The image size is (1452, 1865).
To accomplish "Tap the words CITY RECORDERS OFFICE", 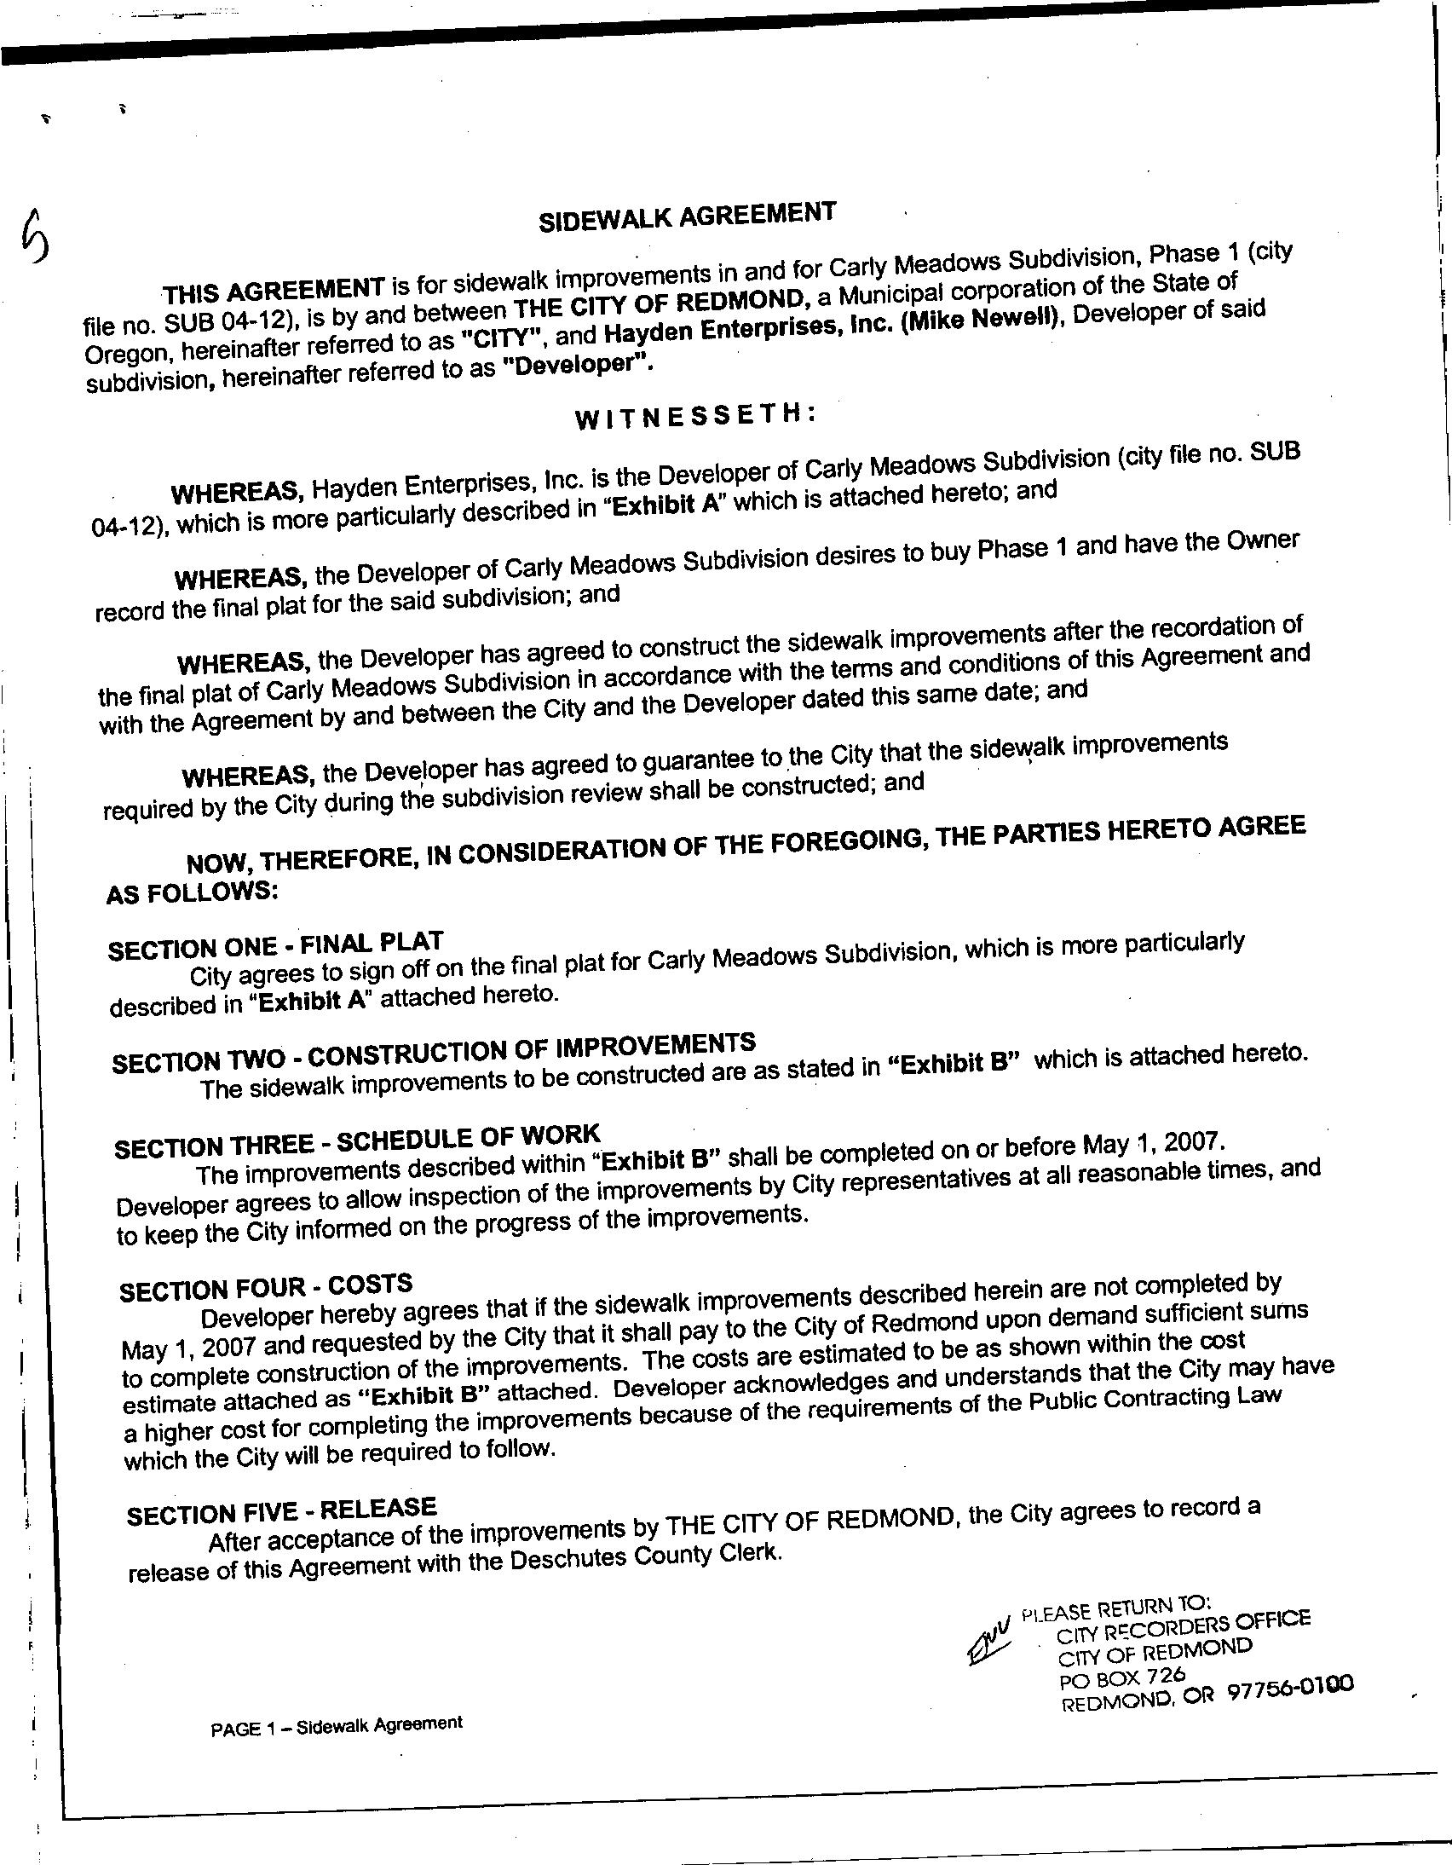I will (1182, 1626).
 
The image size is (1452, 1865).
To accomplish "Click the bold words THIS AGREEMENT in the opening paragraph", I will (274, 291).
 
